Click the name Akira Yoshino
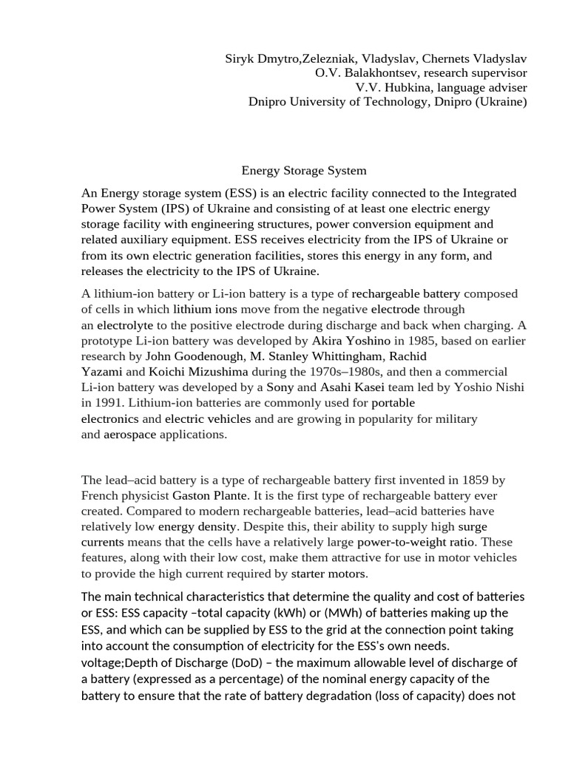[351, 340]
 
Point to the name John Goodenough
[191, 356]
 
